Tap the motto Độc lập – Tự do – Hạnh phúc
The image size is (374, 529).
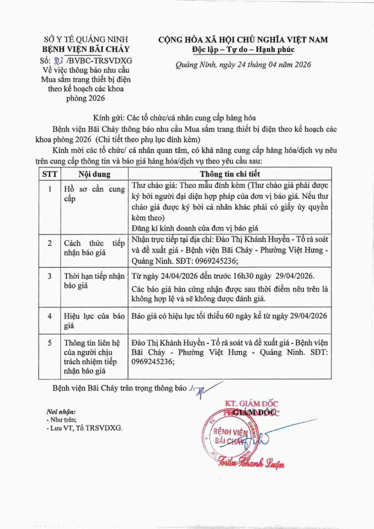243,50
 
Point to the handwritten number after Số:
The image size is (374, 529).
60,60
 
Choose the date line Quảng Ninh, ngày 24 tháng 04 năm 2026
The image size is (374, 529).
243,65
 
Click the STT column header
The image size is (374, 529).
50,174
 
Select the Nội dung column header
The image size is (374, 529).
94,174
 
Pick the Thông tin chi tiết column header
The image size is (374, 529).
230,174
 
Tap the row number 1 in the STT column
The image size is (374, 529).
50,190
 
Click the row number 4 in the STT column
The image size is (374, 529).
50,316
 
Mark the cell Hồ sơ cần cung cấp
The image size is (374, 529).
94,194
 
